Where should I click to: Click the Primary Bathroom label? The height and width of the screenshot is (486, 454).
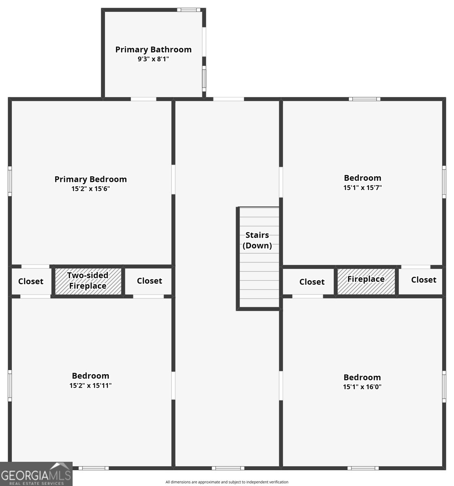click(153, 49)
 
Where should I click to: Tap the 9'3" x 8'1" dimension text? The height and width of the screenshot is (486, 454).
click(153, 59)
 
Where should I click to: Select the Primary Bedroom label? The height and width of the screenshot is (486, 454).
click(91, 179)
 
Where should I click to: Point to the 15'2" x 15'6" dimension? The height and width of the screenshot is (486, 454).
click(91, 189)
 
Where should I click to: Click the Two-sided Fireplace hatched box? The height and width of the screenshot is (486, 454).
click(88, 281)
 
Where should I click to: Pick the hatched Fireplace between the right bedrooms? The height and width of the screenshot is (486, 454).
click(366, 281)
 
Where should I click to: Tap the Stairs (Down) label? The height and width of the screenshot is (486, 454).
click(257, 240)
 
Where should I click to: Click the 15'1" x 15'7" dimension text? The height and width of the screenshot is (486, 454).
click(362, 188)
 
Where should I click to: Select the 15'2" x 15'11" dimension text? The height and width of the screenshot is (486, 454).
click(90, 386)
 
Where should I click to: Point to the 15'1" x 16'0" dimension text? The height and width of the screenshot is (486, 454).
click(362, 387)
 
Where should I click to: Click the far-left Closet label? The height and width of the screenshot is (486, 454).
click(31, 281)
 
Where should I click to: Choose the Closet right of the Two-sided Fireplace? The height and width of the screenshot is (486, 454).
click(149, 281)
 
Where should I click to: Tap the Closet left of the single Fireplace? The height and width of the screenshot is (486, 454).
click(312, 282)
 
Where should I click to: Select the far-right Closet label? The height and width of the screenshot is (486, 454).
click(424, 280)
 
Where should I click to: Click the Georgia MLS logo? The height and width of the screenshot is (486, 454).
click(36, 474)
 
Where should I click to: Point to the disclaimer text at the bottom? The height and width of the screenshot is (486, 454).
click(227, 482)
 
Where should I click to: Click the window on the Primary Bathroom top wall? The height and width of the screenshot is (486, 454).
click(189, 10)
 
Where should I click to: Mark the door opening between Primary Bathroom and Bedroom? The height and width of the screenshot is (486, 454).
click(143, 99)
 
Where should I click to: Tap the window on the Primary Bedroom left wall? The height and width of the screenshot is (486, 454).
click(10, 181)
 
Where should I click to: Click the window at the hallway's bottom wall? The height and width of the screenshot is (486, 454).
click(228, 468)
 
